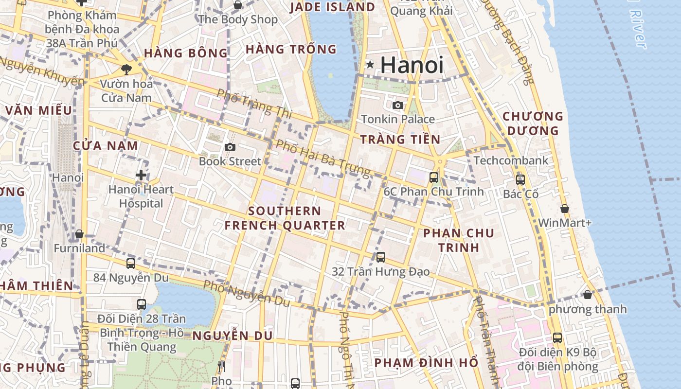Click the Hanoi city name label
pyautogui.click(x=412, y=65)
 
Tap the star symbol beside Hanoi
pyautogui.click(x=370, y=64)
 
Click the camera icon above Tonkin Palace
pyautogui.click(x=398, y=105)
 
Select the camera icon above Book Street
pyautogui.click(x=230, y=147)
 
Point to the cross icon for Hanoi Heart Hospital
pyautogui.click(x=141, y=175)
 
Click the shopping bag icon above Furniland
pyautogui.click(x=79, y=235)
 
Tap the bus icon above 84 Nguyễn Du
pyautogui.click(x=131, y=264)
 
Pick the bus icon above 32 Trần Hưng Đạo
pyautogui.click(x=381, y=257)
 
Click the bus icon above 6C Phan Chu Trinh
pyautogui.click(x=434, y=177)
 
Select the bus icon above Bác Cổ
pyautogui.click(x=520, y=180)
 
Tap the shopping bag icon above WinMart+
pyautogui.click(x=565, y=209)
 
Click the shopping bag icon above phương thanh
pyautogui.click(x=588, y=295)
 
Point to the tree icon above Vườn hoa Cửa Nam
pyautogui.click(x=126, y=69)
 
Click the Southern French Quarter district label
pyautogui.click(x=285, y=218)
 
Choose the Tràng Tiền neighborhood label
pyautogui.click(x=400, y=140)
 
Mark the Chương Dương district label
pyautogui.click(x=533, y=124)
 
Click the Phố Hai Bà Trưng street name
pyautogui.click(x=323, y=158)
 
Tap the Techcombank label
pyautogui.click(x=511, y=160)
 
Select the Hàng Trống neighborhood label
pyautogui.click(x=291, y=49)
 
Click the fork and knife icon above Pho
pyautogui.click(x=221, y=366)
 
